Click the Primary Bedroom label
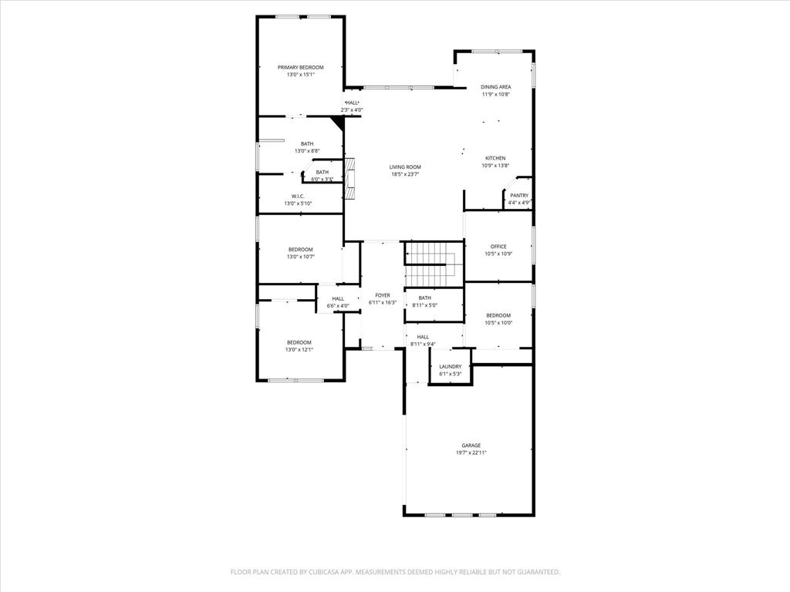coord(300,68)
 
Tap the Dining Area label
coord(495,87)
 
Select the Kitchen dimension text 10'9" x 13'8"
coord(495,165)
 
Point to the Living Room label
coord(405,166)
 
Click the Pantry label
coord(519,196)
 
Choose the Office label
coord(498,247)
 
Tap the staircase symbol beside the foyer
coord(434,263)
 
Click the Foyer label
coord(383,295)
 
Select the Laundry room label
coord(451,367)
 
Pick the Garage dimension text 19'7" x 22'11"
coord(471,452)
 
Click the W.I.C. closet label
coord(298,197)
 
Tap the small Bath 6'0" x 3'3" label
coord(322,172)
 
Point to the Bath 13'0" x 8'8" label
coord(307,143)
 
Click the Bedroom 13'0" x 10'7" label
coord(300,249)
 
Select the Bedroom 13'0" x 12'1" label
coord(299,342)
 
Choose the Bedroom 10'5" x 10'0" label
coord(498,315)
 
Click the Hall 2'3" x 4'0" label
coord(352,103)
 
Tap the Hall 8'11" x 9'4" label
coord(423,337)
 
